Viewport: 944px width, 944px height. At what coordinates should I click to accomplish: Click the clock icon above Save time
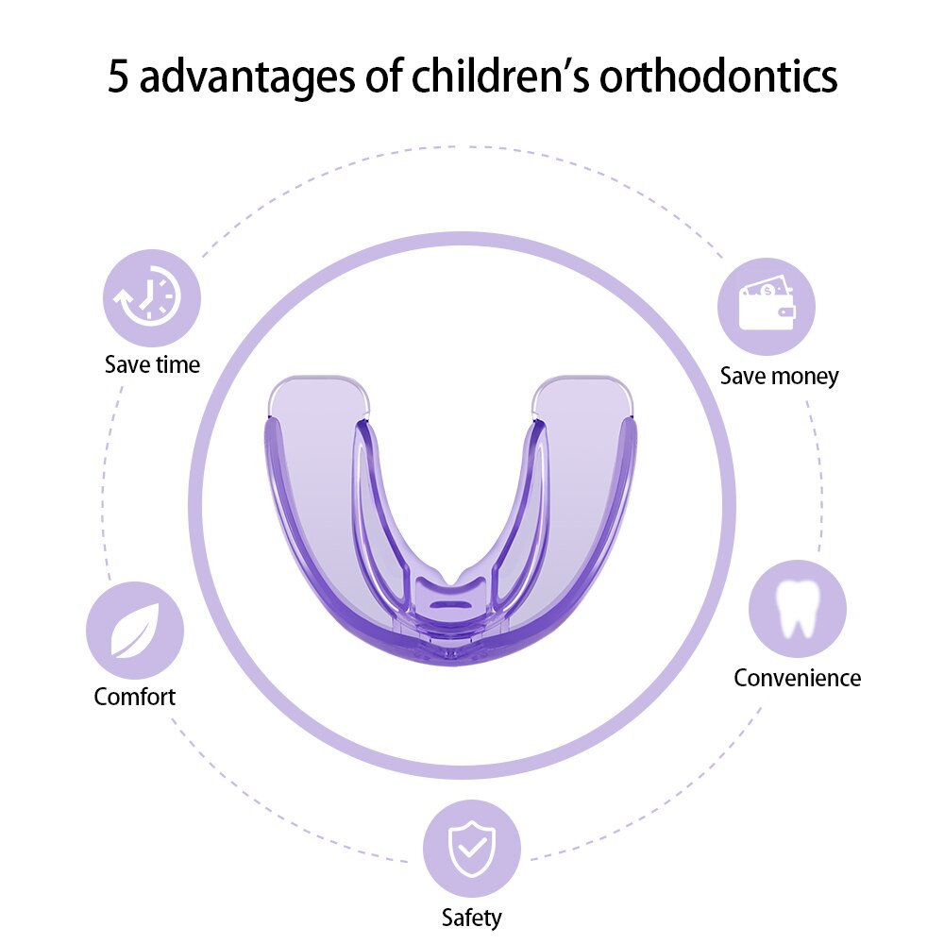(151, 298)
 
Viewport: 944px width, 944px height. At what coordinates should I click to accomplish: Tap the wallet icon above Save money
(766, 307)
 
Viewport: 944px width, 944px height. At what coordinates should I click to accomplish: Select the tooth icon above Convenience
(798, 609)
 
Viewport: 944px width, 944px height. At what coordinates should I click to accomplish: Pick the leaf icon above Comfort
(135, 631)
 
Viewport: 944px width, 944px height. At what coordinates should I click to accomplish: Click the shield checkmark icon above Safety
(471, 847)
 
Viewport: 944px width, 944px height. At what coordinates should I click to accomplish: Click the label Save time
(152, 364)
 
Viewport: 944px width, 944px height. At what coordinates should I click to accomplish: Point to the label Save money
(779, 376)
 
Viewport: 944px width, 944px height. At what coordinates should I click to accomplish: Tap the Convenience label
(798, 678)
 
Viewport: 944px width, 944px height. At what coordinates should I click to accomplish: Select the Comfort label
(135, 698)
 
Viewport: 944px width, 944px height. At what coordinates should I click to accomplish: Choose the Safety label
(471, 916)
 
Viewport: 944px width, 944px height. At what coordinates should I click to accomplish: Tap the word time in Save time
(177, 364)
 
